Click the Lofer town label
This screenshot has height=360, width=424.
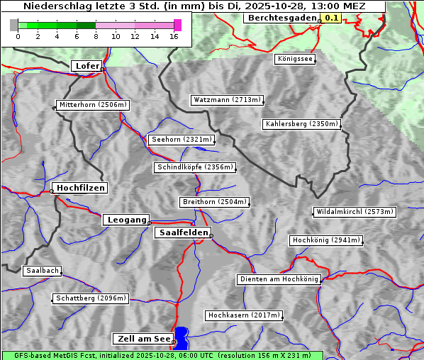point(87,66)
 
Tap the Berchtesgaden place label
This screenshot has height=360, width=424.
point(281,17)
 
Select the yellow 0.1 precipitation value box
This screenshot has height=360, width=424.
point(331,18)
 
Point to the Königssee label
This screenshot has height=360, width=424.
point(295,59)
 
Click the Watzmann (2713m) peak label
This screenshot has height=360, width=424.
point(227,100)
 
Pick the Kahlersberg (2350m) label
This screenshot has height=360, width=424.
point(301,124)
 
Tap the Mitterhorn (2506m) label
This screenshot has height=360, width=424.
point(92,105)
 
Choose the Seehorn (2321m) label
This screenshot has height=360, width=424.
point(182,140)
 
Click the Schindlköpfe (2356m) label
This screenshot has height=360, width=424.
point(194,167)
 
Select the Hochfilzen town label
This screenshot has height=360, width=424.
point(80,188)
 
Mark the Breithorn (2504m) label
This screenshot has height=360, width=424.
point(214,202)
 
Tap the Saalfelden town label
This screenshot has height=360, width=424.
point(182,232)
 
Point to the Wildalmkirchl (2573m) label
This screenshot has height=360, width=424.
point(354,212)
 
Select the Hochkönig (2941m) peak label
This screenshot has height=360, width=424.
point(326,240)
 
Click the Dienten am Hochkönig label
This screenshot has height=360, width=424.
point(279,279)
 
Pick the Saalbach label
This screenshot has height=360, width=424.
point(42,271)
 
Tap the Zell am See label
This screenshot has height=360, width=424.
point(142,339)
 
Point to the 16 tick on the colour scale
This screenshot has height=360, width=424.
point(174,36)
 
